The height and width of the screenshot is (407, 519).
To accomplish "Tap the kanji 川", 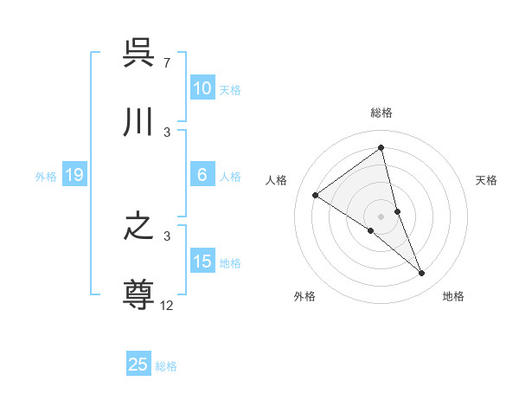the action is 139,123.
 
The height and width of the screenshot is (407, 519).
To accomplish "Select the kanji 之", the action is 139,227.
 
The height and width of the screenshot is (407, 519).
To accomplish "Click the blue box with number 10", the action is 202,88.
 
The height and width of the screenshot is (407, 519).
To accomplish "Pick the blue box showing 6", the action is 202,175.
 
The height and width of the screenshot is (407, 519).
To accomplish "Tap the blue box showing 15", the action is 202,262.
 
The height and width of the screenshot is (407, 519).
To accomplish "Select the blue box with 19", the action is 74,176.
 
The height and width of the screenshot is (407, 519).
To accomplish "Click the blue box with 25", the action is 138,365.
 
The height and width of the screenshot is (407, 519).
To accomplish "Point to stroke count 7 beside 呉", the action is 166,63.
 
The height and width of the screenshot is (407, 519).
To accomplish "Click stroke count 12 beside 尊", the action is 167,305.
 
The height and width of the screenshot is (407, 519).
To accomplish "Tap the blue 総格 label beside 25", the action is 166,366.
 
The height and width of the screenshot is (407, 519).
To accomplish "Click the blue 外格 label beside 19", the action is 46,177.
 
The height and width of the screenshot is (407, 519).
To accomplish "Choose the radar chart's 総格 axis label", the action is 381,113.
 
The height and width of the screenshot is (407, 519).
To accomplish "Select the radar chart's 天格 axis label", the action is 486,180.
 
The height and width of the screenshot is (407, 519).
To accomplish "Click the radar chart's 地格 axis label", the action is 453,296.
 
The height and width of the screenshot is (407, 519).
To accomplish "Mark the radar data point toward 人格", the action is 316,195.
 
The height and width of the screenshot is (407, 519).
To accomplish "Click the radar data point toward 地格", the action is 422,274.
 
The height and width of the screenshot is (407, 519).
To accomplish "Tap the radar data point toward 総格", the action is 381,147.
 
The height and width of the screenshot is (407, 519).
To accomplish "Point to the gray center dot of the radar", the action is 381,216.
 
